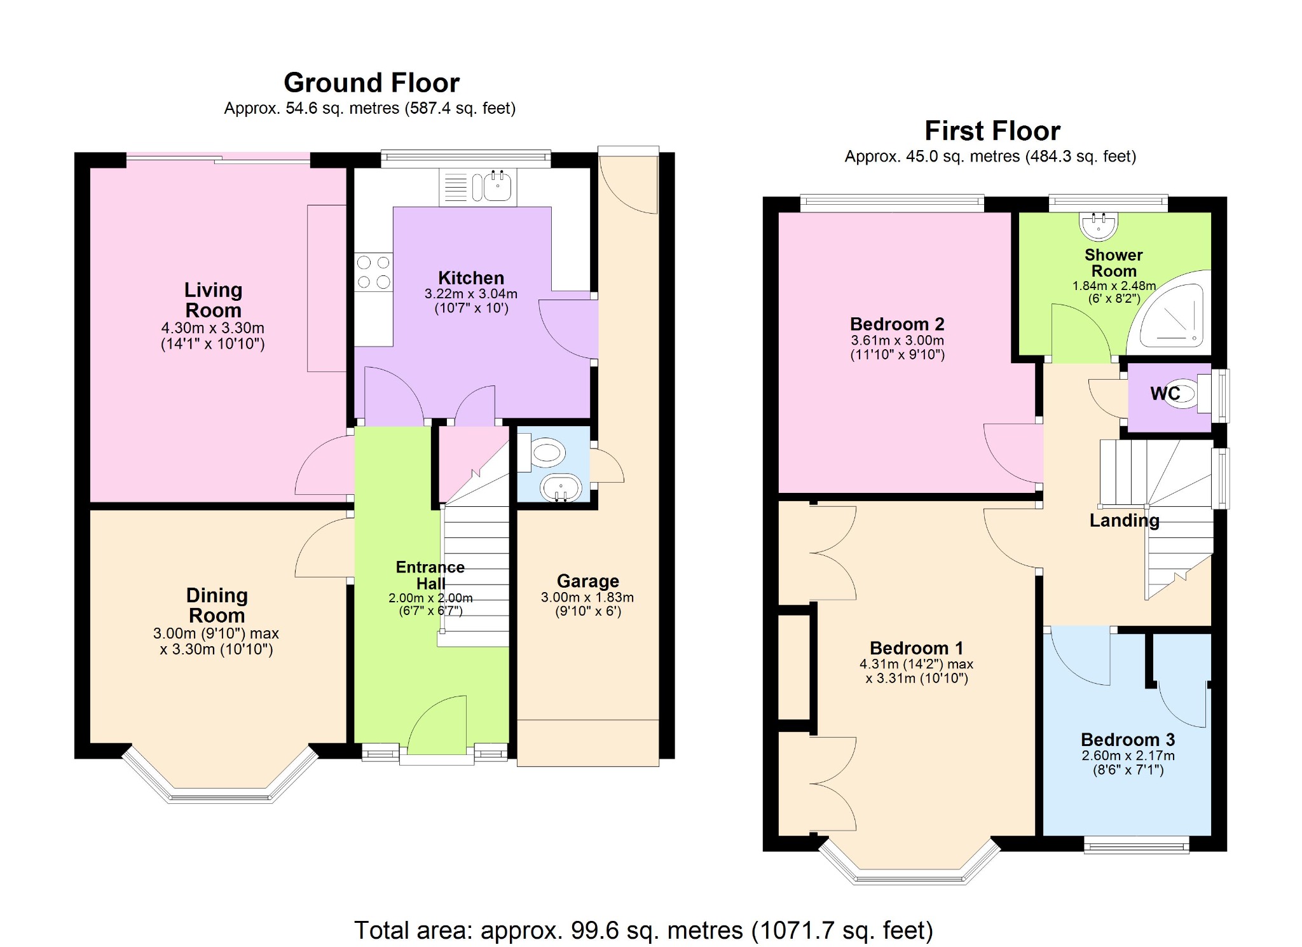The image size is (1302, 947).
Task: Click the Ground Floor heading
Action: point(371,83)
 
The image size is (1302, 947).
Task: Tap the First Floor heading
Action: point(992,131)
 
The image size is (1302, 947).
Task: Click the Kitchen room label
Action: point(470,278)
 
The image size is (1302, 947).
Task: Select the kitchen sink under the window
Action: point(497,187)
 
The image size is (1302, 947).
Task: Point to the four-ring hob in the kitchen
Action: point(373,272)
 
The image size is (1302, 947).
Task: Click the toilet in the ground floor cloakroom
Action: point(544,453)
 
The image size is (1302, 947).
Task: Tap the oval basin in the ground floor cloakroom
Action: point(561,488)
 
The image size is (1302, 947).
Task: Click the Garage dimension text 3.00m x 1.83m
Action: point(587,597)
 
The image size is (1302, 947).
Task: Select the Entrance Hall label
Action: point(430,575)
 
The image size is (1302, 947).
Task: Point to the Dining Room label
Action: point(217,605)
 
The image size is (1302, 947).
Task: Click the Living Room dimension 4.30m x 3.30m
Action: point(212,328)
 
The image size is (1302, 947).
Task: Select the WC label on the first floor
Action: point(1165,394)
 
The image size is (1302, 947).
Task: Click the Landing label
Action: point(1124,520)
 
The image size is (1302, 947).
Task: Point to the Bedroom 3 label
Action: point(1128,740)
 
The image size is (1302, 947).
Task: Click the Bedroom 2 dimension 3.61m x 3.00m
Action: point(897,340)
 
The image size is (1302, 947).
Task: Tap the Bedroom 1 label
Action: point(916,648)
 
